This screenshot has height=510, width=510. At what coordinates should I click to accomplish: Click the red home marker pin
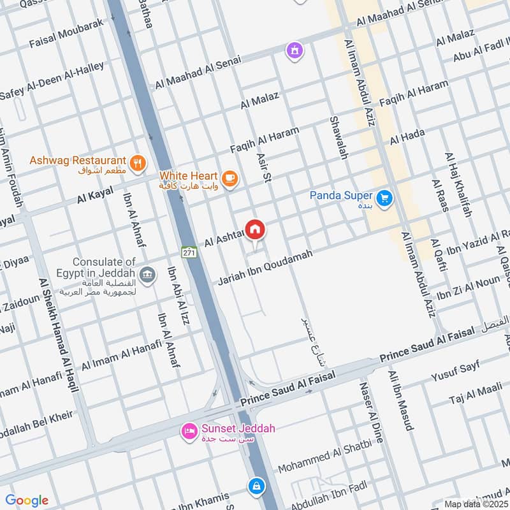[x=255, y=229]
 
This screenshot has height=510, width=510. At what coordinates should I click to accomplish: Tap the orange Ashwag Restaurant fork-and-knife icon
[x=136, y=164]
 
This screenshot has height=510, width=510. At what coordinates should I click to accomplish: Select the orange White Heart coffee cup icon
[x=230, y=179]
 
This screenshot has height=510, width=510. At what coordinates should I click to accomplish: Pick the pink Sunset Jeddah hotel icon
[x=189, y=432]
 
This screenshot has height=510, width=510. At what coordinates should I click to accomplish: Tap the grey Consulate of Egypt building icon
[x=147, y=275]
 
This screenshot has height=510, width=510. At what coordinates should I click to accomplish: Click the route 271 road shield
[x=187, y=252]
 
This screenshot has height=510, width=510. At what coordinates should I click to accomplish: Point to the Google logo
[x=27, y=500]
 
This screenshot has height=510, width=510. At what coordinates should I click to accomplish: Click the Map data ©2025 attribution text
[x=475, y=504]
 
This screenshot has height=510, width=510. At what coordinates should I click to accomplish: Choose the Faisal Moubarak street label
[x=66, y=34]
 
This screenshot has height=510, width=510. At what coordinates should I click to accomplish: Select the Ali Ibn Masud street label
[x=401, y=400]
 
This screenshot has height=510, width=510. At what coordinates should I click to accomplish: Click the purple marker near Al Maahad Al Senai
[x=294, y=50]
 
